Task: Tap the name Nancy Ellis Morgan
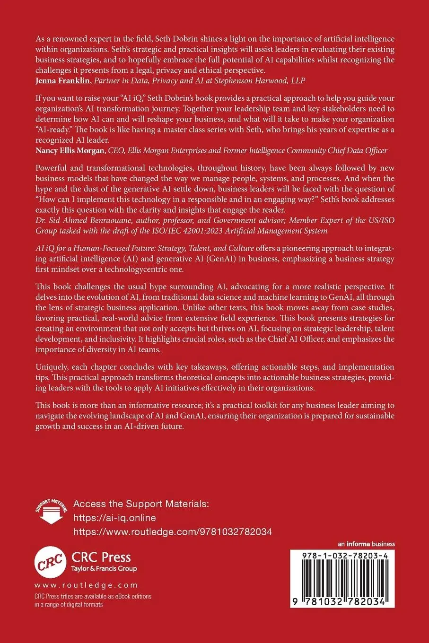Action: [70, 151]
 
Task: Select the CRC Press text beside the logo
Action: [101, 557]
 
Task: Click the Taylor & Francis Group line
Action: [104, 569]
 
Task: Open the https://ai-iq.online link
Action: [114, 518]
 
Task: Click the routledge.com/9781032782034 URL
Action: [173, 532]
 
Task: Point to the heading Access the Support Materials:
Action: [141, 504]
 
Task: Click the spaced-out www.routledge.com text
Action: [86, 585]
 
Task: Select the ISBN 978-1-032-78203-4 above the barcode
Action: [341, 557]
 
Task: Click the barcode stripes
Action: [341, 579]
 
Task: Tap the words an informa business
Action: [367, 544]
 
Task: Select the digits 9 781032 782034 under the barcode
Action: [341, 601]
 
